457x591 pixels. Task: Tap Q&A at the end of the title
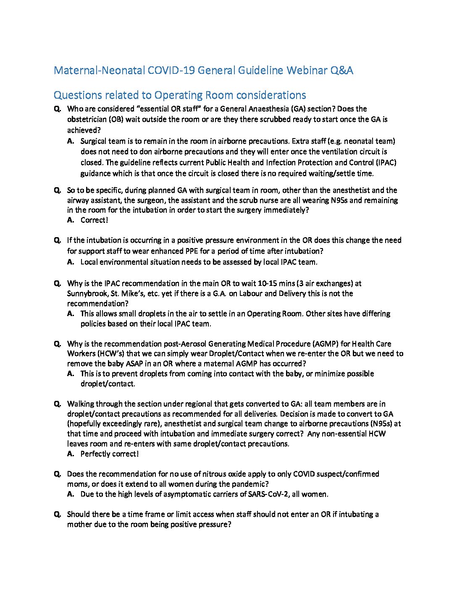coord(342,70)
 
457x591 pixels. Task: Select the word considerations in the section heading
coord(271,95)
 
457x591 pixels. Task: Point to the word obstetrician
coord(87,119)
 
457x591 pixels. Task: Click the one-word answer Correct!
coord(94,220)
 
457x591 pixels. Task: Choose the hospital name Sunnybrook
coord(87,293)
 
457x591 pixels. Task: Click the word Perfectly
coord(96,454)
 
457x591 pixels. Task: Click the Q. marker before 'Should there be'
coord(58,514)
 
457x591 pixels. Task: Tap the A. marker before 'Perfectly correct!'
coord(71,454)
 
